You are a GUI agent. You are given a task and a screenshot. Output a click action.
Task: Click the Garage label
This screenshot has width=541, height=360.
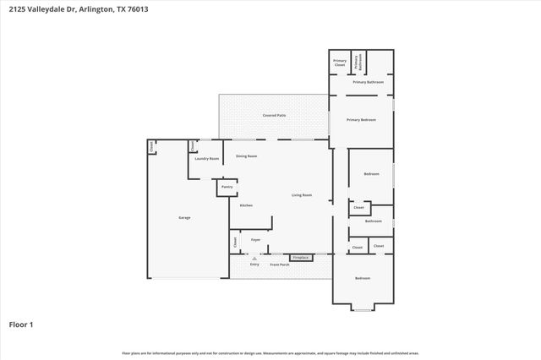(x=183, y=217)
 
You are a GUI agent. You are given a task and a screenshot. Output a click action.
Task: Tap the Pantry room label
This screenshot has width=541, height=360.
(x=227, y=187)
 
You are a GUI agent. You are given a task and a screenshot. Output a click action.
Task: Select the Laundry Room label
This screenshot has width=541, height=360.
(x=207, y=159)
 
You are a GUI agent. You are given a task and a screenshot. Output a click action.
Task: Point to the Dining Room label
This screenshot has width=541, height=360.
(x=246, y=156)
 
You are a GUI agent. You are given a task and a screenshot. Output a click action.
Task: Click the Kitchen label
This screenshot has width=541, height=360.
(x=246, y=205)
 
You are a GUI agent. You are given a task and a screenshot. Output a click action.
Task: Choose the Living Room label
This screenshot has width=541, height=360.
(x=302, y=195)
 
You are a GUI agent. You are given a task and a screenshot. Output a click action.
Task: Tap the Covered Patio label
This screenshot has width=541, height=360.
(x=274, y=115)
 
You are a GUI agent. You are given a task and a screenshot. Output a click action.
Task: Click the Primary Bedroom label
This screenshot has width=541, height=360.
(x=361, y=120)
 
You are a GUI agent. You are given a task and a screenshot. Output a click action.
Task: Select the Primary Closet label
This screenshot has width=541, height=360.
(x=339, y=62)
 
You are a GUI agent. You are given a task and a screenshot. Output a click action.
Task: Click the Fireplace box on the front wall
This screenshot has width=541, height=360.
(x=300, y=257)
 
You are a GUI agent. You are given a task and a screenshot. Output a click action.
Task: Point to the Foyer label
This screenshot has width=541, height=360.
(x=255, y=239)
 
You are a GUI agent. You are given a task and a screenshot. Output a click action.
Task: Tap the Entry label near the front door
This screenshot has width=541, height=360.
(x=254, y=265)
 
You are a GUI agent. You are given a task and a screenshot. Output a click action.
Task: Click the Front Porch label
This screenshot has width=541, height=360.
(x=281, y=265)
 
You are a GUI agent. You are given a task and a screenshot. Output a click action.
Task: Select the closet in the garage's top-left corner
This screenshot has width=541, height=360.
(x=151, y=146)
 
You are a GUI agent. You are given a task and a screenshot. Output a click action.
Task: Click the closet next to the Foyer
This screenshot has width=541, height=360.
(x=234, y=242)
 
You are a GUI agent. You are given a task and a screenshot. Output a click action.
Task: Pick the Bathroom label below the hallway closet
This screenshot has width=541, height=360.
(x=373, y=221)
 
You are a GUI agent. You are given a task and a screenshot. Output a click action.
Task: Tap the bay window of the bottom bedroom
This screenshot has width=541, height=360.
(x=362, y=308)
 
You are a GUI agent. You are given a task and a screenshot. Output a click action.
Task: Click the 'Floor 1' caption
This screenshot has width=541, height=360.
(x=21, y=325)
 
